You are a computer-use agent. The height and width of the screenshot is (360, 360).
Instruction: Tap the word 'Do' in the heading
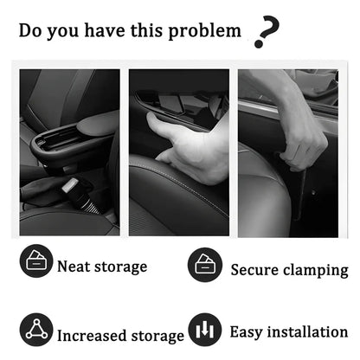(31, 32)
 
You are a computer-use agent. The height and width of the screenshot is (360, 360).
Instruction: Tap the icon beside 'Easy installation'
(205, 331)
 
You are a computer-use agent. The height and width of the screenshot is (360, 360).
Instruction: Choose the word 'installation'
(309, 331)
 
